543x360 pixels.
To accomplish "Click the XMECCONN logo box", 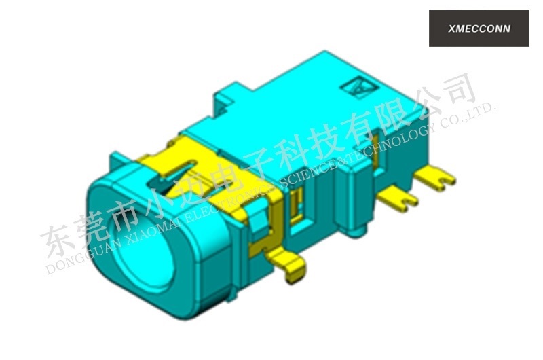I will point(479,29).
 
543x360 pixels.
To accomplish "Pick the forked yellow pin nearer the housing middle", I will point(398,198).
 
